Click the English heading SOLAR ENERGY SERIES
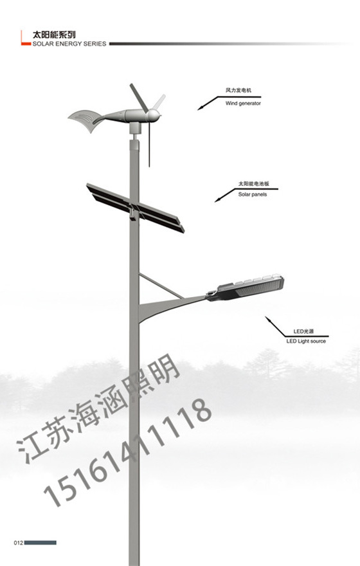point(69,44)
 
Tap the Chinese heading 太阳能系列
point(54,35)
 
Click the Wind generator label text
point(243,104)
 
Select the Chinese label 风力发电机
point(239,90)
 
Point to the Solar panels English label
point(253,194)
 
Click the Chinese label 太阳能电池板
point(254,184)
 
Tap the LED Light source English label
point(306,341)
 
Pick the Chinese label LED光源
point(303,331)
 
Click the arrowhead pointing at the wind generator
point(200,108)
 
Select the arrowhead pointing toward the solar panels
point(217,200)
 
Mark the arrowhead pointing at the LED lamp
point(267,319)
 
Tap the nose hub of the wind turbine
point(154,116)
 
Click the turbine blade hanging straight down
point(149,144)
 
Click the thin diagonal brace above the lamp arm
point(161,286)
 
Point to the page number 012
point(19,543)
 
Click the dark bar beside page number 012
point(40,543)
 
